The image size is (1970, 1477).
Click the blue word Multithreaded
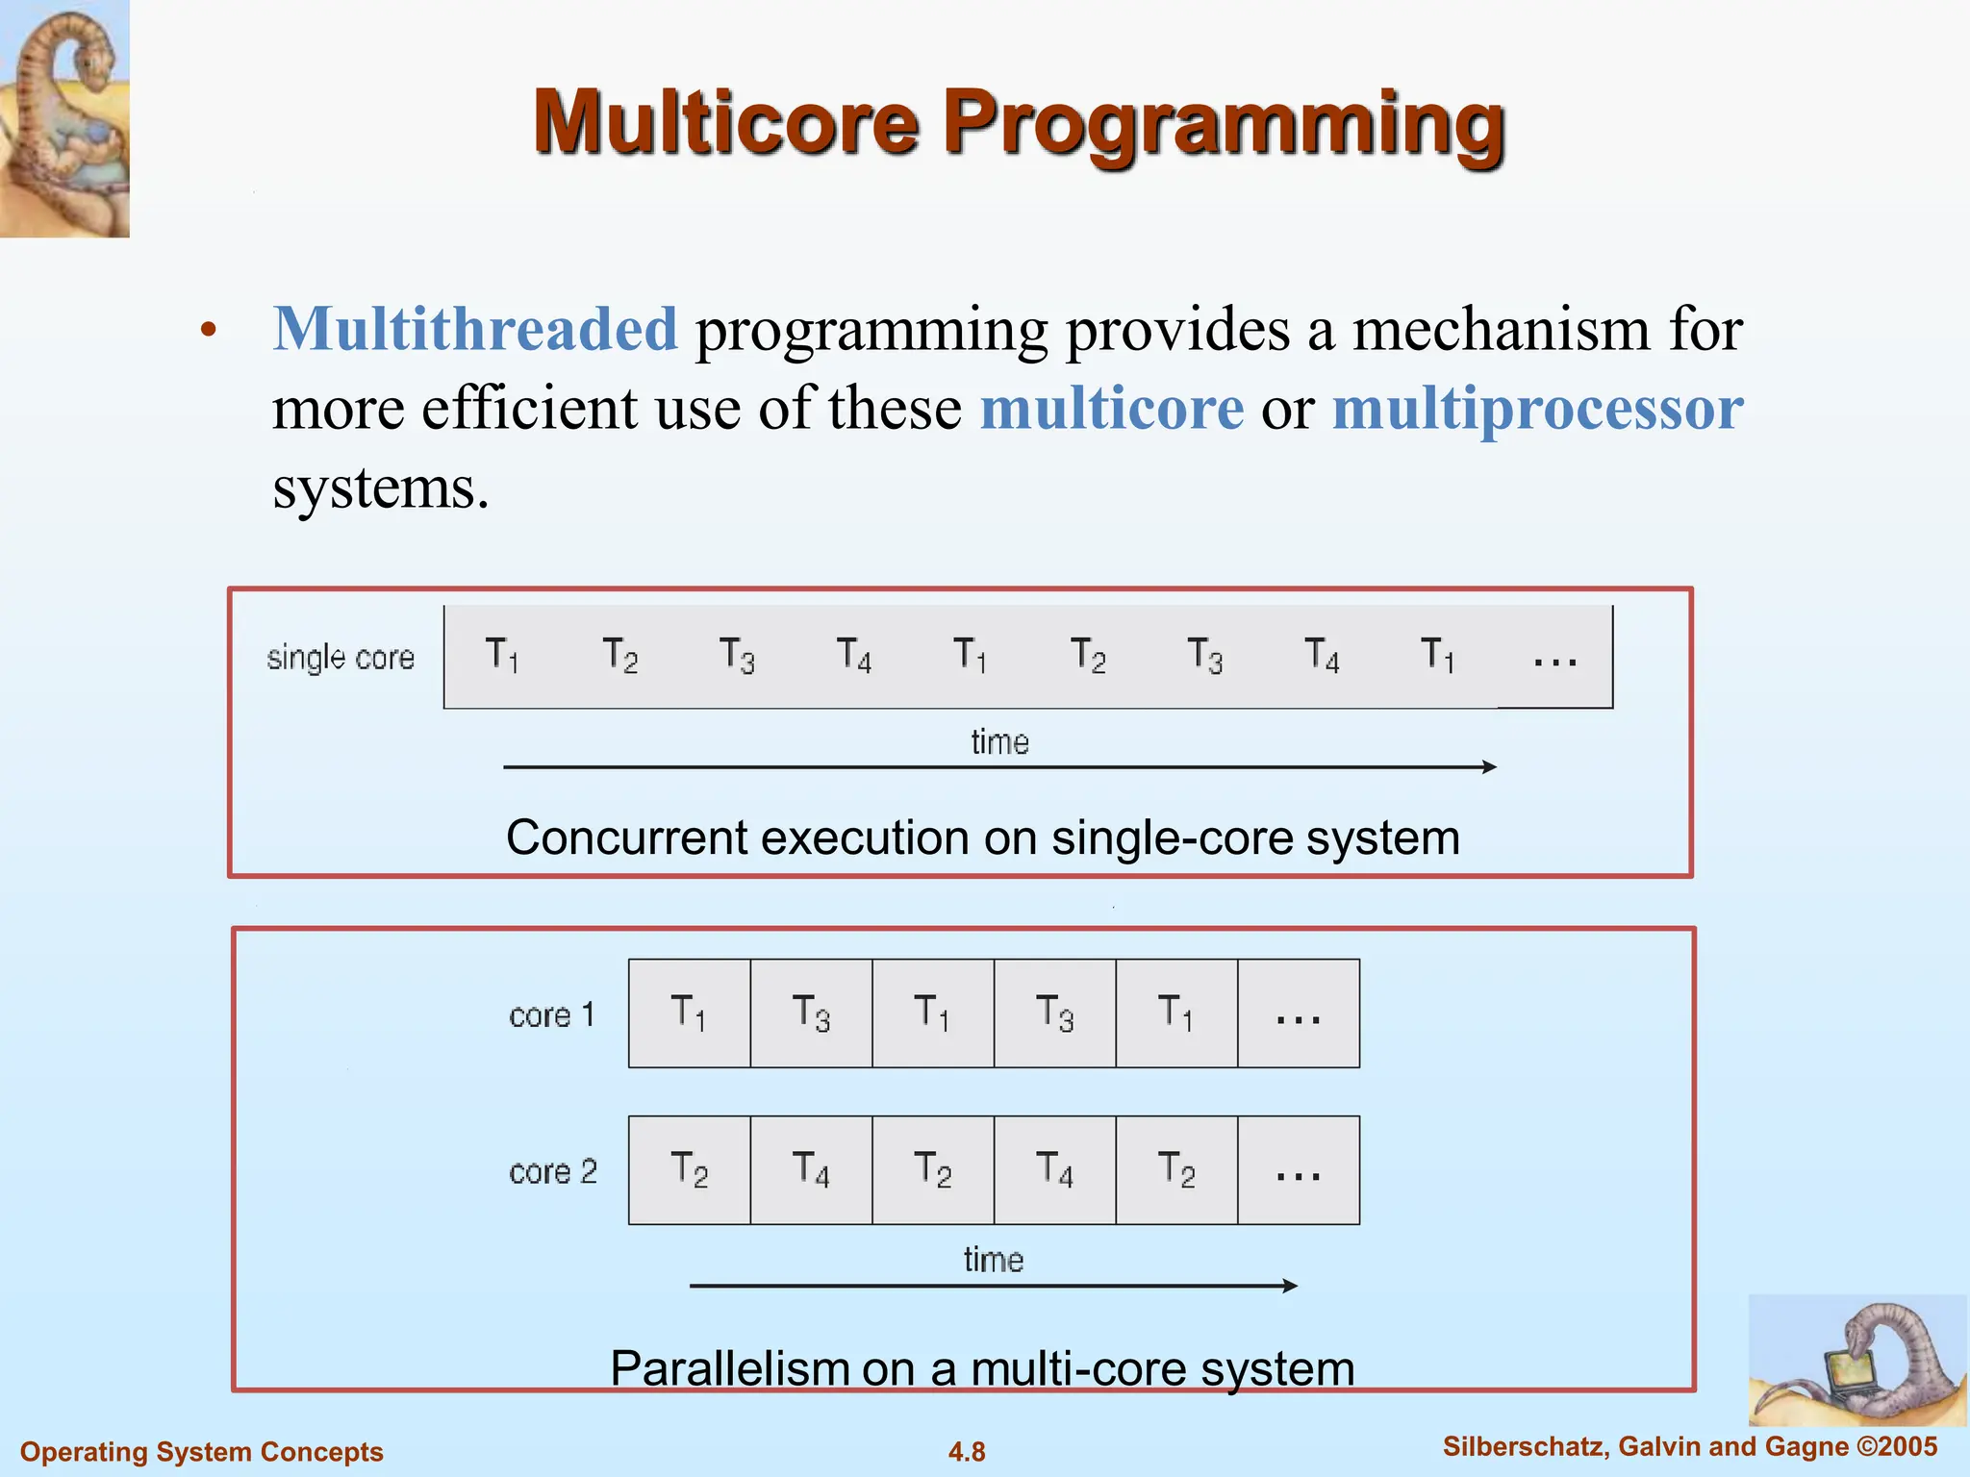click(475, 329)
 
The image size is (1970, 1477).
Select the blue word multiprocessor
click(1537, 409)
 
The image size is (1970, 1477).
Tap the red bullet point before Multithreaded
click(209, 332)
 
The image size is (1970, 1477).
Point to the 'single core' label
click(341, 658)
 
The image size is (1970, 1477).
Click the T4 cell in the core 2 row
click(811, 1170)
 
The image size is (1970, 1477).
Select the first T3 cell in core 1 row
click(811, 1014)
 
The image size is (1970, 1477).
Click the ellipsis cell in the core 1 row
click(1298, 1014)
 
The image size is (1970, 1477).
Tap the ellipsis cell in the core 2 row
click(1298, 1170)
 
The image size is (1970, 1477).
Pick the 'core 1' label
click(551, 1015)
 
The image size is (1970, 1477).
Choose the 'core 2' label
click(553, 1172)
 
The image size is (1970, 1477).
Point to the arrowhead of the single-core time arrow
click(1489, 767)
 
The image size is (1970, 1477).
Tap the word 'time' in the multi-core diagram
click(994, 1260)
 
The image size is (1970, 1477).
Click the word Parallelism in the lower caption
click(730, 1368)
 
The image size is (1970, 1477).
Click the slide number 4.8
click(967, 1452)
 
